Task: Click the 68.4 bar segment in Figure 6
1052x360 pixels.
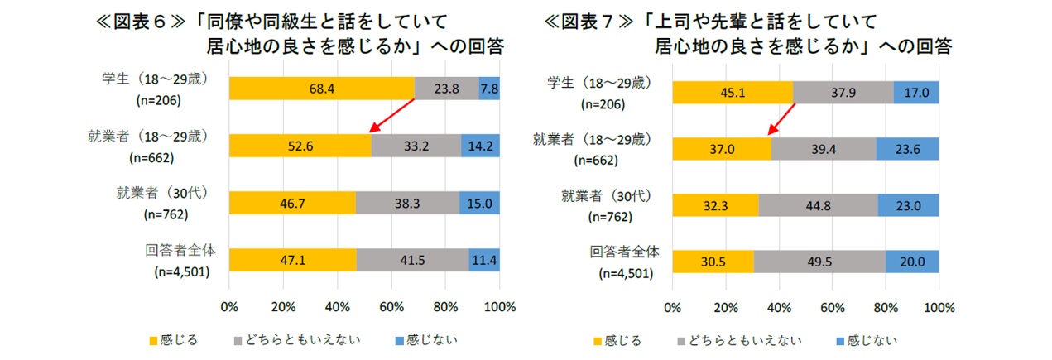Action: tap(321, 88)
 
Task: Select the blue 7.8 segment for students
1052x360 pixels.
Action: tap(489, 88)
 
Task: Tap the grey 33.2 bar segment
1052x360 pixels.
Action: tap(416, 145)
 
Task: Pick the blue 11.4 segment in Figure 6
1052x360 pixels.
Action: tap(484, 259)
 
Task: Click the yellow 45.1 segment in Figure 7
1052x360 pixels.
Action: tap(733, 92)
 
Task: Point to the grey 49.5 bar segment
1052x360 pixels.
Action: tap(819, 260)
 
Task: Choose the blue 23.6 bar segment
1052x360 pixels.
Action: tap(908, 149)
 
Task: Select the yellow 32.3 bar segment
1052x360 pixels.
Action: tap(715, 204)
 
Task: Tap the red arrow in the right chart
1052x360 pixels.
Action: tap(782, 118)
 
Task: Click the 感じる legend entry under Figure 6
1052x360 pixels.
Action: tap(173, 340)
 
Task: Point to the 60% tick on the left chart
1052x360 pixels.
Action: tap(391, 307)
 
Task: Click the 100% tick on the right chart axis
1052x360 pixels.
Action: tap(939, 308)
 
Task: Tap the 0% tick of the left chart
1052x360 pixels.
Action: tap(229, 307)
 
